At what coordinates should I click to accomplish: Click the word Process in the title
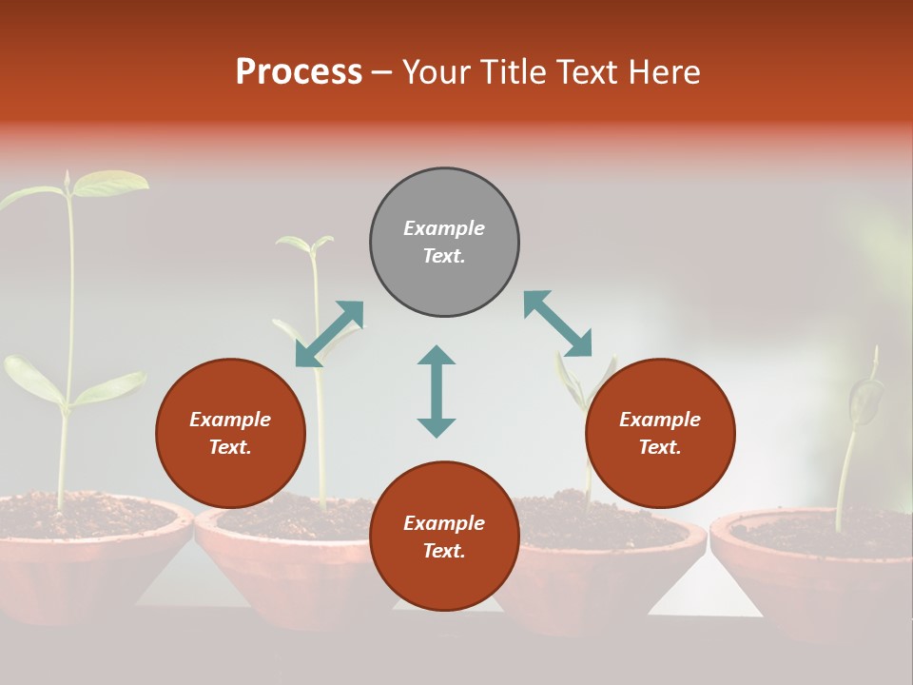pos(299,72)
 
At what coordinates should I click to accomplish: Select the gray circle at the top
pos(444,243)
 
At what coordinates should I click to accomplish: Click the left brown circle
pos(230,434)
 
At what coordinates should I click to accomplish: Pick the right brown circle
pos(660,434)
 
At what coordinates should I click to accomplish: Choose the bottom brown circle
pos(444,537)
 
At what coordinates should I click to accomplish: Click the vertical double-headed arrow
pos(437,391)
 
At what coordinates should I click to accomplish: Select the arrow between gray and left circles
pos(329,334)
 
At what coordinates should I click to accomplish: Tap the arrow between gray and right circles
pos(558,323)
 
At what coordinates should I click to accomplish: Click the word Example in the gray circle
pos(444,228)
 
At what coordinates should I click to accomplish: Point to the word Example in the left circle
pos(230,420)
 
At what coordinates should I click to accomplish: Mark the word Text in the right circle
pos(658,447)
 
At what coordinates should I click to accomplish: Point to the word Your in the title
pos(436,72)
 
